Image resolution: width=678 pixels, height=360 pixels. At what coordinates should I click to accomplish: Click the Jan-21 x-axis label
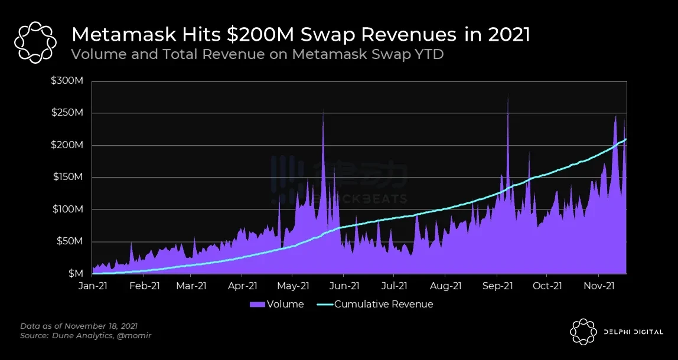coord(92,286)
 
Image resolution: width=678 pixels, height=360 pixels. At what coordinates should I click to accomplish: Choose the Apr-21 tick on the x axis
coord(242,286)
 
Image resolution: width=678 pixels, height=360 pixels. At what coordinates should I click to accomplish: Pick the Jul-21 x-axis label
coord(394,286)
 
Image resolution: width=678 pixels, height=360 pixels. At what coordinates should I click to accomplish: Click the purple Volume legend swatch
coord(257,305)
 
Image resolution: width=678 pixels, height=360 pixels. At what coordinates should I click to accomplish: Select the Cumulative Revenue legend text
coord(383,305)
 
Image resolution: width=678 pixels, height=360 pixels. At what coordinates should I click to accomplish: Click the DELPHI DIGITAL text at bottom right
coord(633,332)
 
